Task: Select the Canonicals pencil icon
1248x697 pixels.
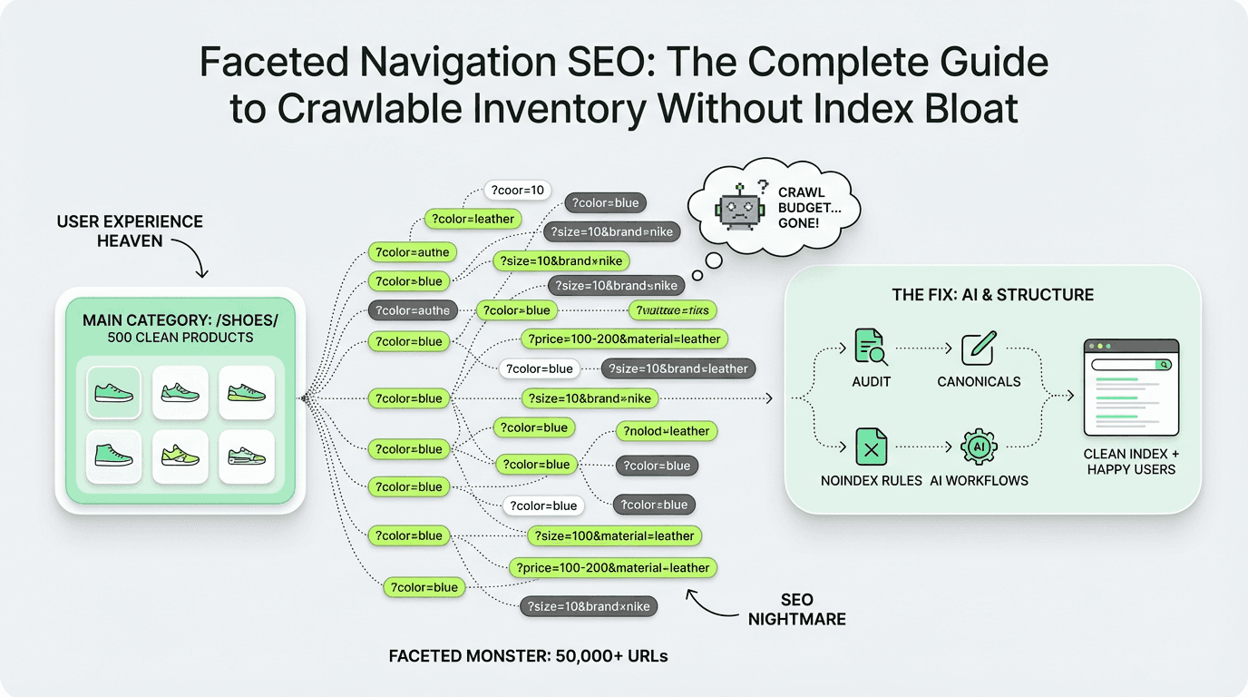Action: tap(978, 347)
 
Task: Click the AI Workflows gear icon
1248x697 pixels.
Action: tap(978, 447)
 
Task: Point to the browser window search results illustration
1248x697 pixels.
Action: tap(1130, 388)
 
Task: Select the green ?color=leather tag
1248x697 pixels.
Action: tap(473, 219)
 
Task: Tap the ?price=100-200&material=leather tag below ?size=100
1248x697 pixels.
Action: tap(613, 567)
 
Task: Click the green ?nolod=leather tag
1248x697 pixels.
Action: tap(667, 431)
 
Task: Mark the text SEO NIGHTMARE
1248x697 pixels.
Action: tap(797, 609)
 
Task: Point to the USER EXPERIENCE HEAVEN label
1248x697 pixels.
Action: tap(130, 231)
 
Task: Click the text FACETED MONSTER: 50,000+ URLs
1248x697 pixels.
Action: tap(528, 655)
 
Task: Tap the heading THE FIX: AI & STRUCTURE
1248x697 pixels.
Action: tap(992, 295)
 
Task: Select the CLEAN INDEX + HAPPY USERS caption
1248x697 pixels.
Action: tap(1129, 461)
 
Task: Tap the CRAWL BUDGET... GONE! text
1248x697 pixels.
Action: tap(799, 205)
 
